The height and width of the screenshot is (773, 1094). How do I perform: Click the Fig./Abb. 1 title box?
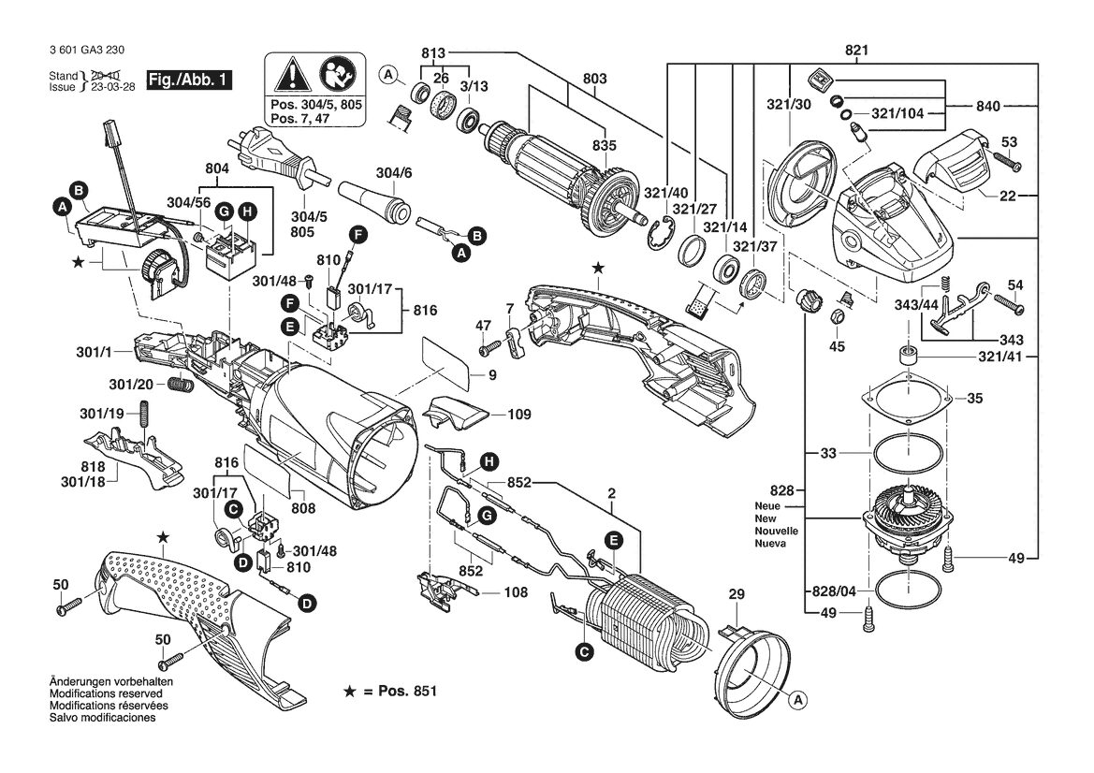(188, 80)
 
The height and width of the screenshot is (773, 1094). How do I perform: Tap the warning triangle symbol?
(292, 73)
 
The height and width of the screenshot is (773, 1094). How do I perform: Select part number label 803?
(594, 79)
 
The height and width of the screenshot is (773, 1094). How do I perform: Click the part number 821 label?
(856, 51)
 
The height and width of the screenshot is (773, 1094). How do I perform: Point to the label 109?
(519, 415)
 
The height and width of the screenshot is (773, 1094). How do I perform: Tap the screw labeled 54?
(1008, 303)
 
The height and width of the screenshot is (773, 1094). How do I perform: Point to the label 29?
(737, 594)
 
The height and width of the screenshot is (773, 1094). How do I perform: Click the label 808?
(303, 508)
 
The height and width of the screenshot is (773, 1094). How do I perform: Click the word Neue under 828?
(766, 505)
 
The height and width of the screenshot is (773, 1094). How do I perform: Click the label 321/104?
(897, 113)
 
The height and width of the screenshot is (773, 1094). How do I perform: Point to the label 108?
(516, 592)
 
